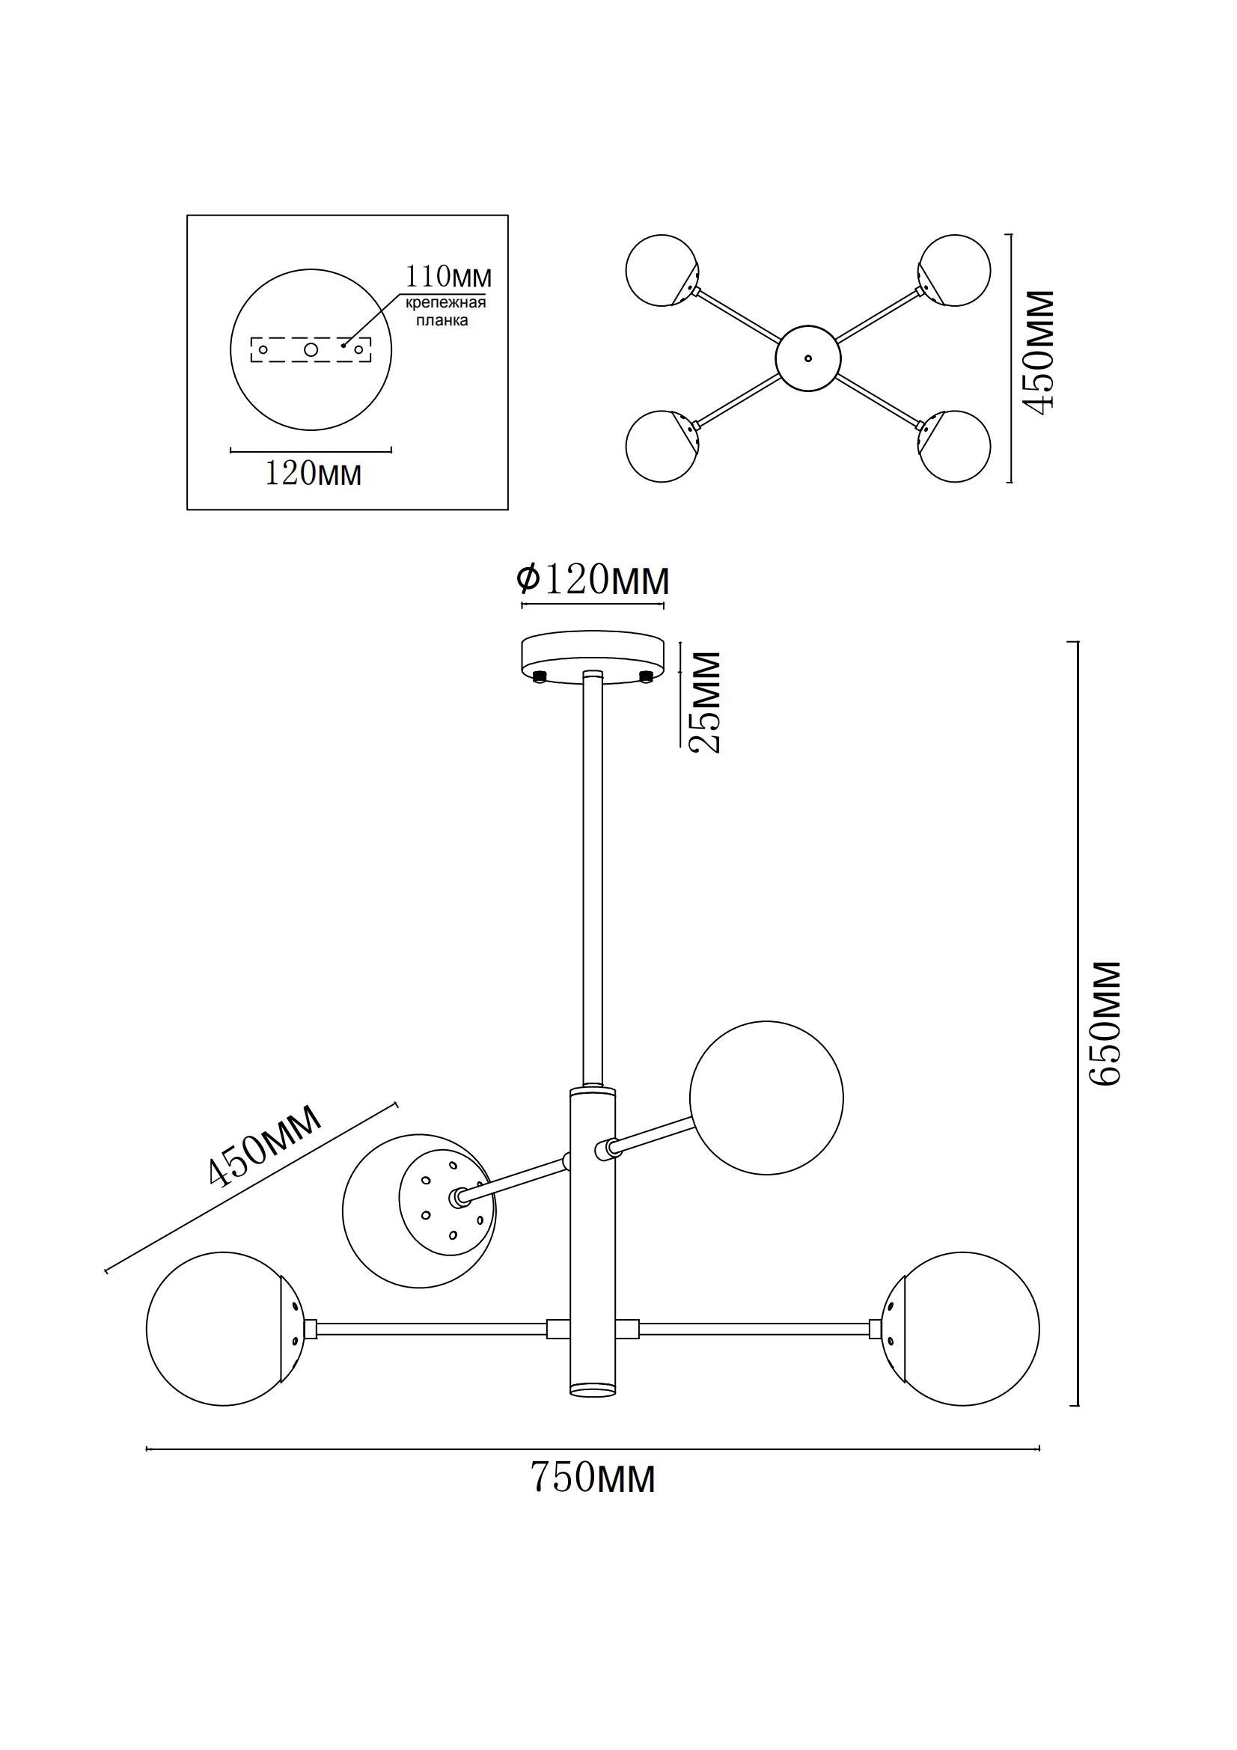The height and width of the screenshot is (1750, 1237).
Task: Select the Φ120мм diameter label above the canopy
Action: click(592, 580)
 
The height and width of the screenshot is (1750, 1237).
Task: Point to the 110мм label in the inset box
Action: click(448, 275)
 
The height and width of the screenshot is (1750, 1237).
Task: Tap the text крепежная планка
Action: click(446, 312)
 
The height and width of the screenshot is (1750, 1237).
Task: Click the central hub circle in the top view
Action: click(808, 358)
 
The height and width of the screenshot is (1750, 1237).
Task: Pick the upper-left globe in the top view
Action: click(660, 270)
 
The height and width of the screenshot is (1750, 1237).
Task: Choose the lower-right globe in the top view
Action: click(956, 447)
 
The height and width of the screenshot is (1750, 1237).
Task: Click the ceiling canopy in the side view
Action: click(592, 656)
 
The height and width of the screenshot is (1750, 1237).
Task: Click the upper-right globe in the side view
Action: click(766, 1098)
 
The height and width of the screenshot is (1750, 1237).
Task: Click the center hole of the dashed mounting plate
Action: click(311, 349)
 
